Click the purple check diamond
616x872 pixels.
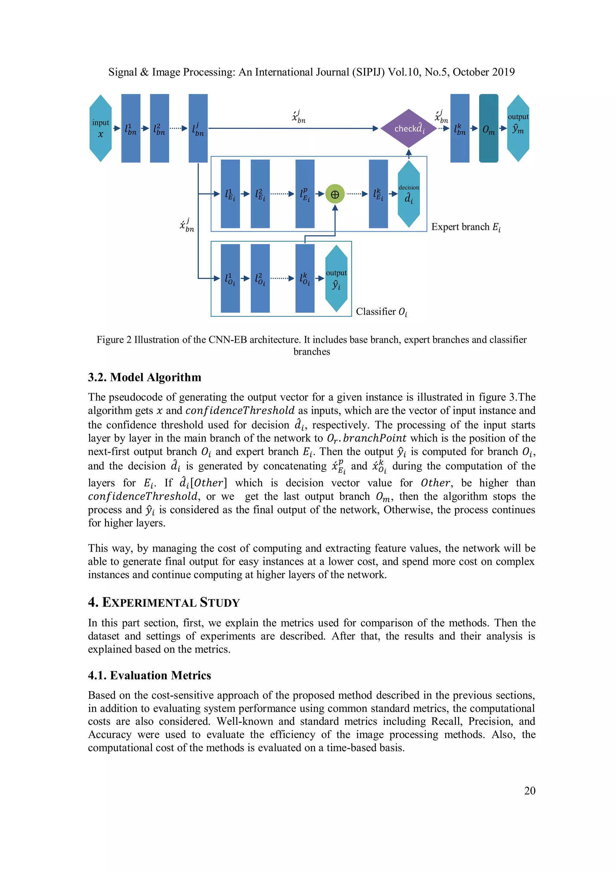pos(408,128)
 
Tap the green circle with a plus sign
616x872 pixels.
pos(335,194)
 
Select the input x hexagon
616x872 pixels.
pos(100,128)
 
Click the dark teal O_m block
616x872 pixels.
pos(488,128)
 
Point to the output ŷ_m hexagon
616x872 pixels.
pos(518,128)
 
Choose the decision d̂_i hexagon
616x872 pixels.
pos(409,194)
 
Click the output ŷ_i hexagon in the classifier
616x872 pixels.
pos(336,278)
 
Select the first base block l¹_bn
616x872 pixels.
pos(131,128)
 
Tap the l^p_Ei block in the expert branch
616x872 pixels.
pos(305,194)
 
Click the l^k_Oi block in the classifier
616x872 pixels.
pos(305,278)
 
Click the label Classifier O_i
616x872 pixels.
pos(381,312)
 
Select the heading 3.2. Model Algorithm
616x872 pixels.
pos(145,377)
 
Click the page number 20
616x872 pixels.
pos(529,790)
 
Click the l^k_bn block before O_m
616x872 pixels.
pos(460,128)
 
